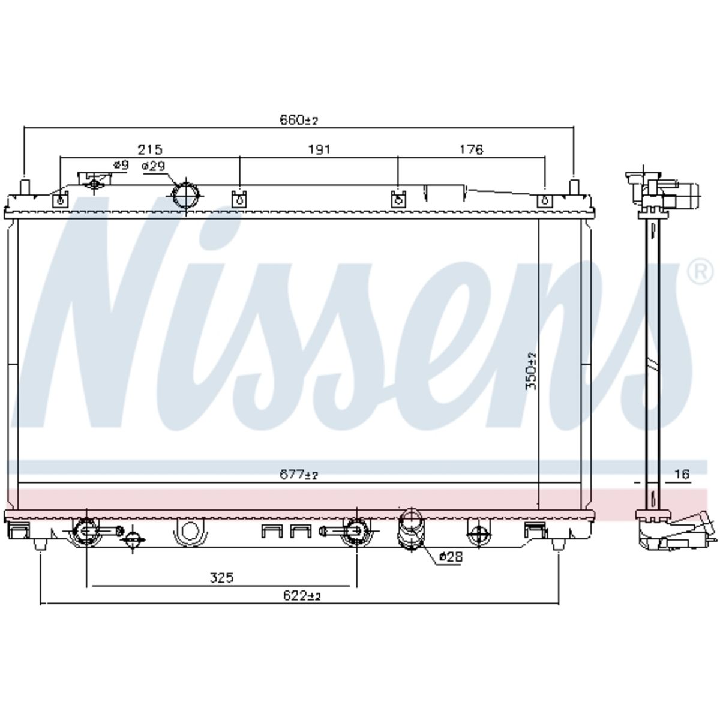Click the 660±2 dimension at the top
299,121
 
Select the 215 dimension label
150,149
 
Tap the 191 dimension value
319,149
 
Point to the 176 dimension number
471,149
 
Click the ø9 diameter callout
121,165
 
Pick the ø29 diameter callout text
153,166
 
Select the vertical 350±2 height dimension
531,371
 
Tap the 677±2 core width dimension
299,475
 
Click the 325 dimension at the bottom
221,578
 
